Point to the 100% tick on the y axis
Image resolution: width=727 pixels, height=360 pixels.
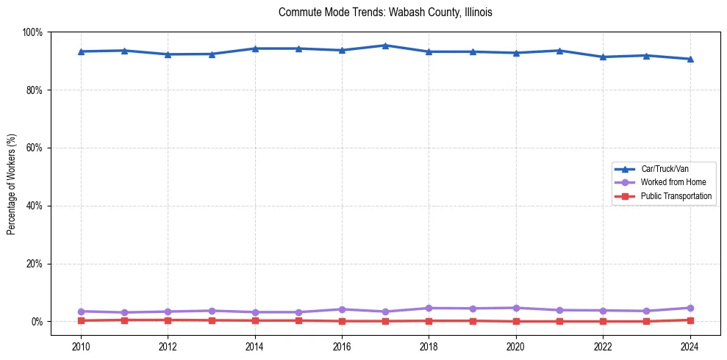click(32, 32)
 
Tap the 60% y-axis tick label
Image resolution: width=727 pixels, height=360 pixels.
click(34, 148)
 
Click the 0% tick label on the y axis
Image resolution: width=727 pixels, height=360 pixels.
click(37, 322)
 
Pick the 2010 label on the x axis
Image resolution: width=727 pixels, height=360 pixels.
click(81, 345)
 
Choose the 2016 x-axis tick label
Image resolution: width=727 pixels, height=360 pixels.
click(342, 345)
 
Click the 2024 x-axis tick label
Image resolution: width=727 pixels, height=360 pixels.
click(690, 345)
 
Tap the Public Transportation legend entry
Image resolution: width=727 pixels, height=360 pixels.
click(676, 196)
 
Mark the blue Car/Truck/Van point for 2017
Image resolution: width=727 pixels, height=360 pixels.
click(385, 46)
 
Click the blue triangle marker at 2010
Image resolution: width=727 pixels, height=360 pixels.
click(81, 51)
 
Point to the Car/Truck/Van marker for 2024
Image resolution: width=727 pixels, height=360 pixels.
click(690, 59)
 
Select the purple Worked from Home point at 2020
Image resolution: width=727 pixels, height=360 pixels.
click(515, 308)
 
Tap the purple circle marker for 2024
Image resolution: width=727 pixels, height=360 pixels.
click(690, 308)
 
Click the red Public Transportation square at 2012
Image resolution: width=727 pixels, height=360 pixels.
click(168, 320)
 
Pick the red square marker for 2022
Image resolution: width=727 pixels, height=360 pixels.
click(603, 321)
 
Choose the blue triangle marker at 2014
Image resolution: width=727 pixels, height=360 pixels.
click(255, 48)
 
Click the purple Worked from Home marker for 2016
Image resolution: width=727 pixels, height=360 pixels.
click(342, 309)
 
